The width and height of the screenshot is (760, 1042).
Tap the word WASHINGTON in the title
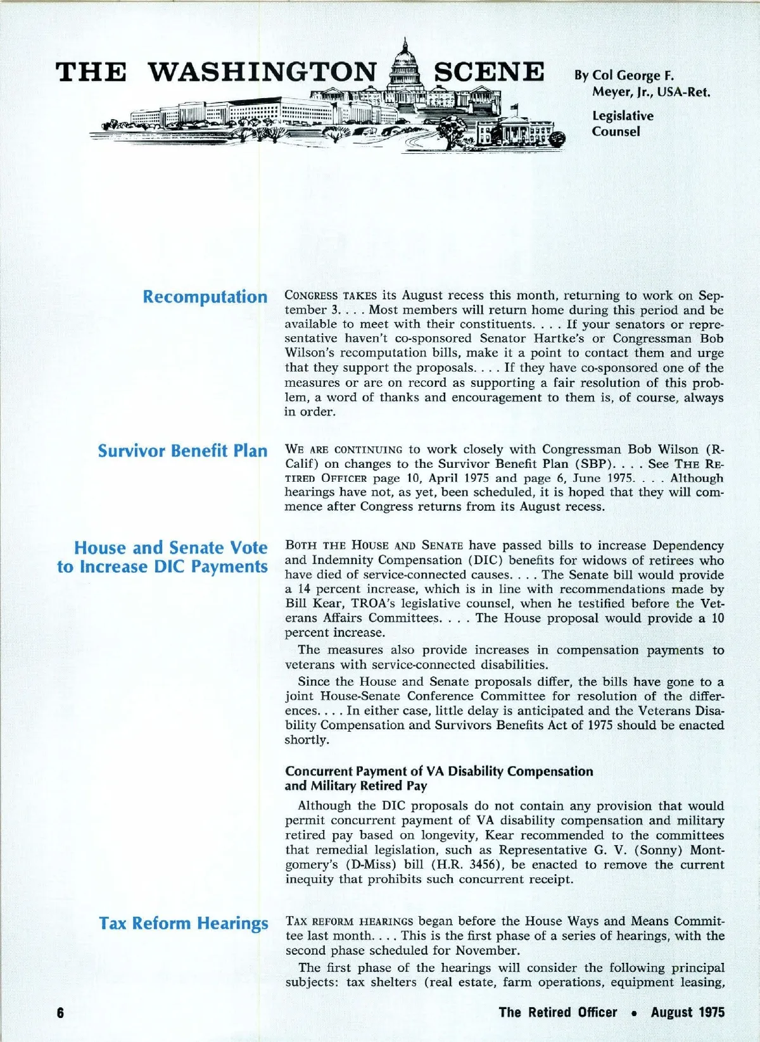(262, 72)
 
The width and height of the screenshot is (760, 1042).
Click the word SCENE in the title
(488, 72)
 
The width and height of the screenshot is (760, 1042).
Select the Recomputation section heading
(205, 297)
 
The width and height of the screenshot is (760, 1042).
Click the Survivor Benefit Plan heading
(182, 451)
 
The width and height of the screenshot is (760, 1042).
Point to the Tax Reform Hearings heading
(183, 923)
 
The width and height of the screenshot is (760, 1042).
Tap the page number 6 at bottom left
(61, 1012)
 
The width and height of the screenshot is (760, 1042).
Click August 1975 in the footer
(687, 1012)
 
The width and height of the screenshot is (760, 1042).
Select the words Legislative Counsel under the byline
(622, 123)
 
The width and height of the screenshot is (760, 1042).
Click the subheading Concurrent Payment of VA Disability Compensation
(439, 772)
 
